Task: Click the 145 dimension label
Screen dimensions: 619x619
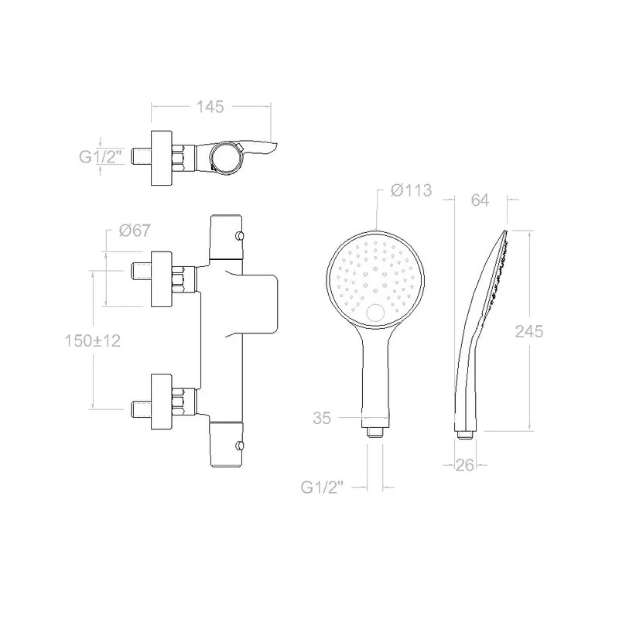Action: (210, 107)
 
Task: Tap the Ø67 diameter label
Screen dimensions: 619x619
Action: (135, 231)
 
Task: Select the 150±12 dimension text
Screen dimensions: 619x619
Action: (93, 340)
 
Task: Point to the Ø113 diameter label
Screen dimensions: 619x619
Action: (412, 190)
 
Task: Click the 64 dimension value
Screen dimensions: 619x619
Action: (480, 200)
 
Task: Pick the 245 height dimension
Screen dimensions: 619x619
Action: (529, 332)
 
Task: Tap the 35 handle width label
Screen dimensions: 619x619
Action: (322, 418)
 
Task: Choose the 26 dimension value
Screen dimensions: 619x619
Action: (465, 466)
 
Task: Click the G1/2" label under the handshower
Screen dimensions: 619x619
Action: (322, 488)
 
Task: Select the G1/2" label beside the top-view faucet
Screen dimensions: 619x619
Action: (100, 157)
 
